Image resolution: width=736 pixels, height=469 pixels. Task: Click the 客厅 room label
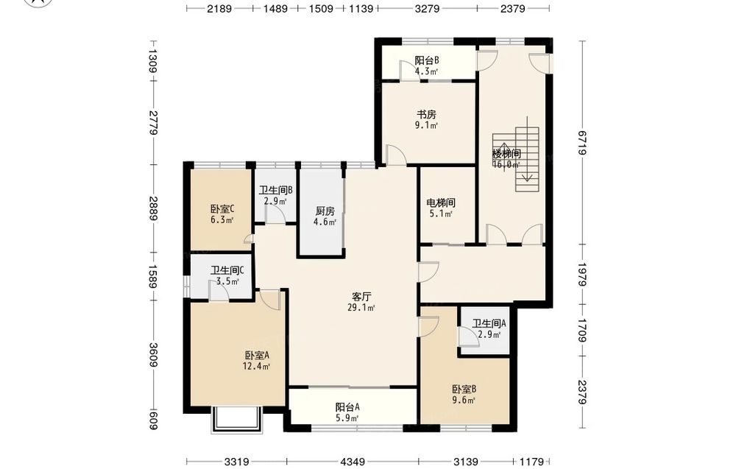[x=361, y=297]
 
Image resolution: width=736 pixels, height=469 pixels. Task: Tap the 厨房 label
[x=325, y=211]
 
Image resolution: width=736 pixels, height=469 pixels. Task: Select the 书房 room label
[x=427, y=114]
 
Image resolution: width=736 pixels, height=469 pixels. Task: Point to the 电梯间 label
[x=441, y=202]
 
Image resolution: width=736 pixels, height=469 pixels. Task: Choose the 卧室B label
[x=464, y=389]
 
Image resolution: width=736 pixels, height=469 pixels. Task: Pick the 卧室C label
[x=222, y=209]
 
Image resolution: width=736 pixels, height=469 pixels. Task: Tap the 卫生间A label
[x=489, y=323]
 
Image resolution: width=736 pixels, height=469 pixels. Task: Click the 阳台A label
[x=347, y=407]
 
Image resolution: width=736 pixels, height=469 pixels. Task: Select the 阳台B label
[x=427, y=60]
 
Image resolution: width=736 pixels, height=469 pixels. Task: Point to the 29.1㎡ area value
[x=361, y=308]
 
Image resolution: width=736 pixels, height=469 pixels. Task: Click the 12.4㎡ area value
[x=256, y=366]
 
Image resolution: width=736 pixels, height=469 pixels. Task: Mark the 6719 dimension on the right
[x=582, y=142]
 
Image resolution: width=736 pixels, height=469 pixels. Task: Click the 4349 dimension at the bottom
[x=353, y=462]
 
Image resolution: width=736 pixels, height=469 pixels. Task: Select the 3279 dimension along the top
[x=427, y=8]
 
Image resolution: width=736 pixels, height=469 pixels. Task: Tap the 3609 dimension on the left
[x=154, y=355]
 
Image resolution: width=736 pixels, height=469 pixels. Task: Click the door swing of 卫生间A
[x=468, y=336]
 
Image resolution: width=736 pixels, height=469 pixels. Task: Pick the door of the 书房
[x=396, y=155]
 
